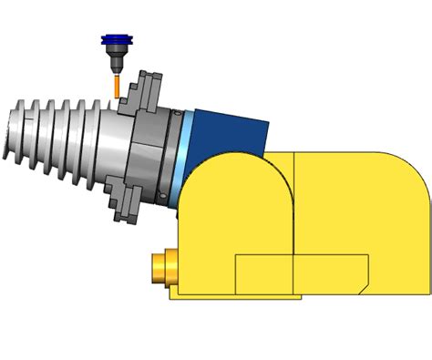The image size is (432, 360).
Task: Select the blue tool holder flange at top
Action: pos(115,41)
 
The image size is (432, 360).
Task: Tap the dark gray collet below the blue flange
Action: pos(116,63)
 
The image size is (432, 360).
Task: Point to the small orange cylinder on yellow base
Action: pos(164,267)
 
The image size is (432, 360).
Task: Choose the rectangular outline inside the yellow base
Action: pos(301,273)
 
